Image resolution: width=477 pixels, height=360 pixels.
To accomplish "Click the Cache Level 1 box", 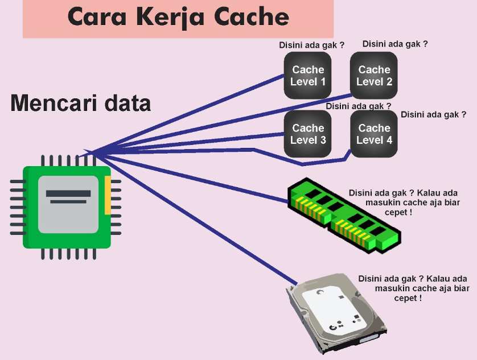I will coord(308,76).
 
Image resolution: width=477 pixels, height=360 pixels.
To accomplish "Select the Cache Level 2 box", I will coord(374,76).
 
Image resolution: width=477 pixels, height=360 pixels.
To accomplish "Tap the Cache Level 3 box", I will coord(308,134).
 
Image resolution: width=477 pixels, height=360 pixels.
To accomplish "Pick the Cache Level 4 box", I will coord(374,134).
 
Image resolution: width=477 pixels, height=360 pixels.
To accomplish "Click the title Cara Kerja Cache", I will coord(178,18).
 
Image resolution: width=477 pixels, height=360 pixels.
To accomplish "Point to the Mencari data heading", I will coord(81,104).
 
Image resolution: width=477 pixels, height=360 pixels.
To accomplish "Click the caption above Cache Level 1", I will coord(311,45).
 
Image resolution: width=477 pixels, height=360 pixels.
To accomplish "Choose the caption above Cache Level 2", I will coord(395,43).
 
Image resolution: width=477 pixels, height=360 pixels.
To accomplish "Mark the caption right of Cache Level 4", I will coord(434,114).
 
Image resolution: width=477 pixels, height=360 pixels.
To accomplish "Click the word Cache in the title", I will coord(252,18).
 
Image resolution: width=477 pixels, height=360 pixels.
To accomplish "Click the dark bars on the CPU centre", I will coord(68,197).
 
